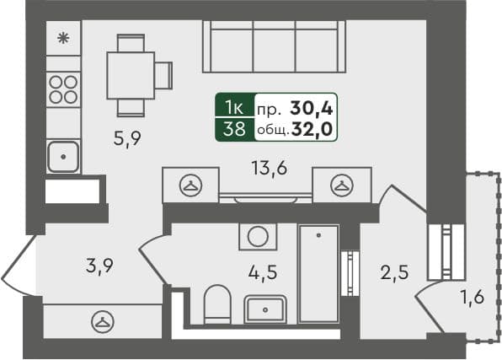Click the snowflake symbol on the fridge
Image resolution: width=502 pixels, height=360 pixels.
(63, 39)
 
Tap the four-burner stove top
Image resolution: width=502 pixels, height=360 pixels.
(63, 89)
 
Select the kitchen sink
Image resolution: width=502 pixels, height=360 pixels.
(63, 157)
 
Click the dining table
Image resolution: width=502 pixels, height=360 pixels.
(131, 75)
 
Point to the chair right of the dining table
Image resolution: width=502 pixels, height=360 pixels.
(163, 75)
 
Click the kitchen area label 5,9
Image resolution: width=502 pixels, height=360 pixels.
(127, 139)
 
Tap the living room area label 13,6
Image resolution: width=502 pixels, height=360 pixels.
(270, 168)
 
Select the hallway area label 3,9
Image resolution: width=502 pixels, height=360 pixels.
(99, 266)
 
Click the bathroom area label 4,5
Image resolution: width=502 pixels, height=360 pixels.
(263, 273)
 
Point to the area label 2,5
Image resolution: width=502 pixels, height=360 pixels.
(394, 272)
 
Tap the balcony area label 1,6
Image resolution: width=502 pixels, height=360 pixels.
(473, 298)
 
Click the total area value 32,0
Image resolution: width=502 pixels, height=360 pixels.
(312, 130)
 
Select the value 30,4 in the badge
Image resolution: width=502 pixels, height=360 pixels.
(312, 109)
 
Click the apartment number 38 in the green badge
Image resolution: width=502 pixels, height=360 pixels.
(235, 130)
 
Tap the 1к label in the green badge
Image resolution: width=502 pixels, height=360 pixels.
(235, 107)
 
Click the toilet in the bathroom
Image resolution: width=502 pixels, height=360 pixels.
(217, 304)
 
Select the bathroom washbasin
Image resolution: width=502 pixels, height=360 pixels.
(265, 309)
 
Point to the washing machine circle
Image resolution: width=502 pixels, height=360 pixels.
(258, 237)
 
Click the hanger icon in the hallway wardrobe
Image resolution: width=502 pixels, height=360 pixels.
(103, 322)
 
